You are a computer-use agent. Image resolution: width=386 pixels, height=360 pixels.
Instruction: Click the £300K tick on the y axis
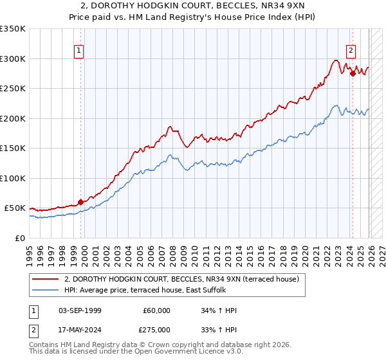click(13, 59)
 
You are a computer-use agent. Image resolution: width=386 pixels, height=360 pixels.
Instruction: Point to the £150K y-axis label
click(13, 148)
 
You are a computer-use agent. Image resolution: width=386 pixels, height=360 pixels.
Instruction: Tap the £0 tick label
click(19, 238)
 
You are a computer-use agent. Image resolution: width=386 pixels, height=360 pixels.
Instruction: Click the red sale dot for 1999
click(81, 202)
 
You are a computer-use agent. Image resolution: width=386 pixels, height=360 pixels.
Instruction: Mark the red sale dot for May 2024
click(353, 74)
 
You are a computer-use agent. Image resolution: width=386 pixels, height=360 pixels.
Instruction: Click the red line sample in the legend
click(46, 279)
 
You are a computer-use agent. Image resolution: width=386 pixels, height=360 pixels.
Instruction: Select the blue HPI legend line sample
click(46, 290)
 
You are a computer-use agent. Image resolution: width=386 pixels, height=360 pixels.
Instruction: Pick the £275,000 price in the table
click(156, 329)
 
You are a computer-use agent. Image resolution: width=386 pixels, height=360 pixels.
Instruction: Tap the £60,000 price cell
click(156, 310)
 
